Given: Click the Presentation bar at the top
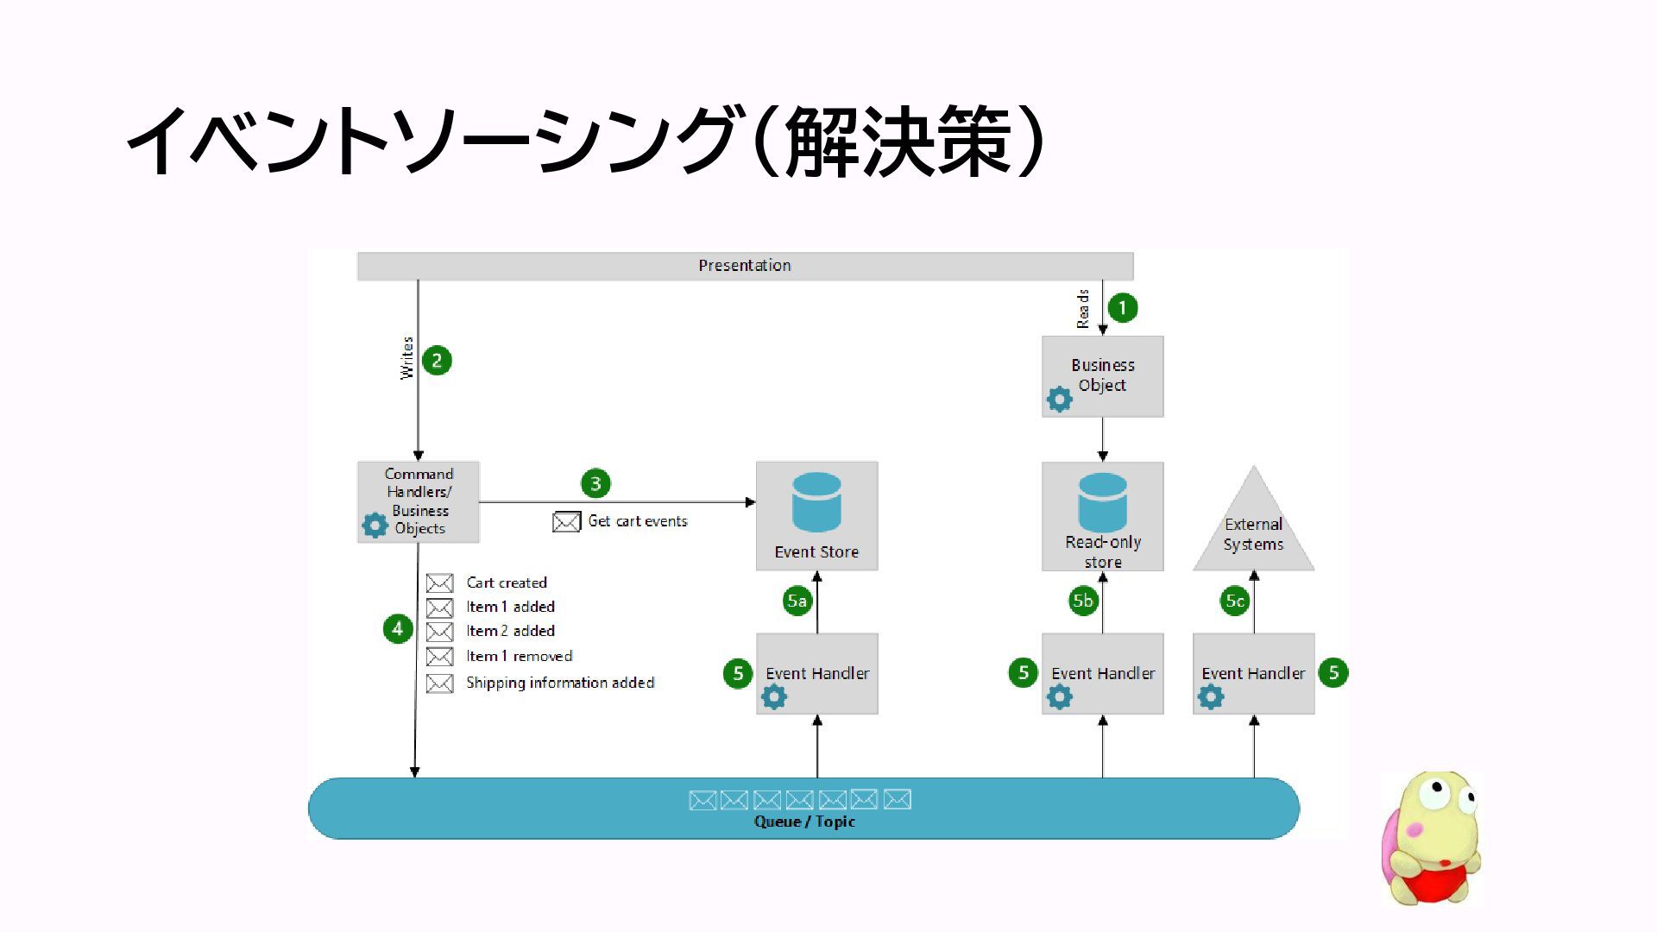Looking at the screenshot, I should click(745, 266).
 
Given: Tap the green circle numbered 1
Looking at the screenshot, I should click(1122, 308).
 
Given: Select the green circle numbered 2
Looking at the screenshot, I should click(437, 361).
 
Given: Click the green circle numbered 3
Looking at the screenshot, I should click(595, 483).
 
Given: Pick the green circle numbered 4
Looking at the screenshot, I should click(397, 628).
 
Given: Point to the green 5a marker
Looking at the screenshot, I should click(797, 601).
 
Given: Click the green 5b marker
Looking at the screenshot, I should click(1083, 601).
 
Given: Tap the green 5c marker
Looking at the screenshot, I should click(1235, 601).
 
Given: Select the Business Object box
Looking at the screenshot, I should click(1102, 376).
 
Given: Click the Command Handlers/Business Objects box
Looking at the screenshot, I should click(419, 501).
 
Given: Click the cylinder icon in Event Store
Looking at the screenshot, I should click(816, 501).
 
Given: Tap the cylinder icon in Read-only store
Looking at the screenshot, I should click(1102, 501).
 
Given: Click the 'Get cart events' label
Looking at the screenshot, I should click(638, 521).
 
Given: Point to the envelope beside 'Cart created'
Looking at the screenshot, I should click(439, 583).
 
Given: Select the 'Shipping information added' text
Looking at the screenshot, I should click(560, 683).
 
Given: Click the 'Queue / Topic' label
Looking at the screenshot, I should click(804, 822).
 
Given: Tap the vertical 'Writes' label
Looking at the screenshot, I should click(407, 357).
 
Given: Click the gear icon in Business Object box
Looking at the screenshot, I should click(1059, 400).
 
